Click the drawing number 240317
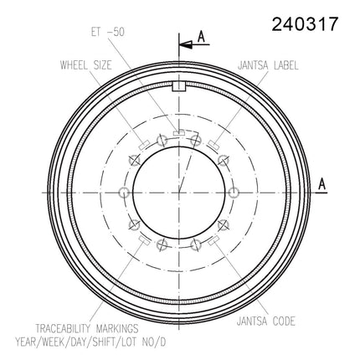(x=305, y=24)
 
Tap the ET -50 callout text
(x=108, y=32)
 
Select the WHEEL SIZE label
(x=86, y=65)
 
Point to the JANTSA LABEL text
(x=268, y=65)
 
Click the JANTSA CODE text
(x=266, y=321)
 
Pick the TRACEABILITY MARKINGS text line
(x=87, y=328)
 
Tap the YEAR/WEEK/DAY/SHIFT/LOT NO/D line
(x=90, y=342)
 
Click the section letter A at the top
(x=202, y=37)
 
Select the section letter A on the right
(x=322, y=184)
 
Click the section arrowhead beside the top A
(x=186, y=44)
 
